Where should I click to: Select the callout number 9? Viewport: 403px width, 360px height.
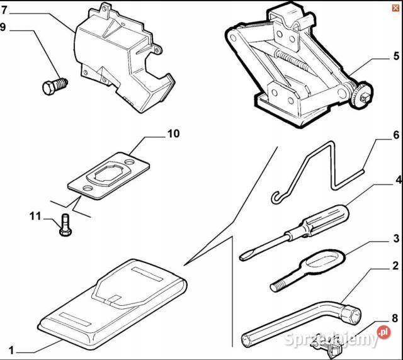(x=4, y=27)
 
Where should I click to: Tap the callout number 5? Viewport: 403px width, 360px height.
(x=396, y=55)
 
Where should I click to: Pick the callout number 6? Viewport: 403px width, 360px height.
(x=396, y=135)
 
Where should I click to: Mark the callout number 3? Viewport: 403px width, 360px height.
(x=396, y=239)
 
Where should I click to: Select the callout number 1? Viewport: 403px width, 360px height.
(x=11, y=349)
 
